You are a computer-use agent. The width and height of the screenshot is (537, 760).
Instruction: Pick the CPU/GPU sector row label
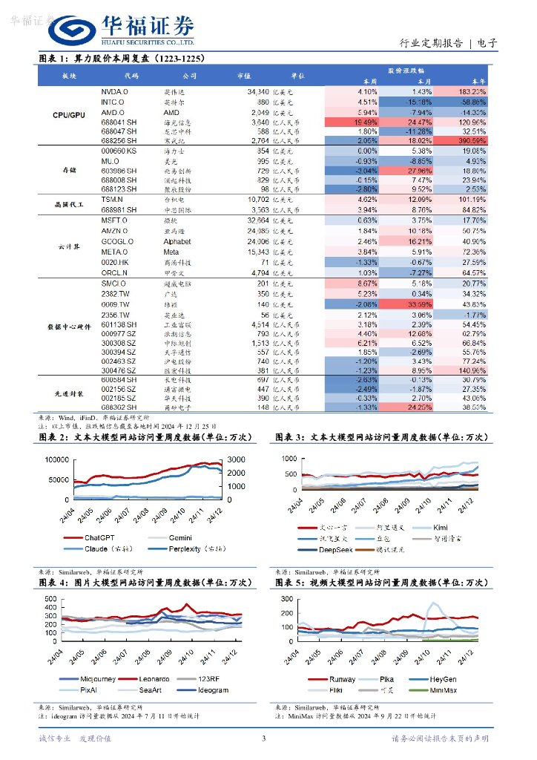click(69, 116)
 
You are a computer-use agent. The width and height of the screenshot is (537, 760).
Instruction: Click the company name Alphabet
click(177, 242)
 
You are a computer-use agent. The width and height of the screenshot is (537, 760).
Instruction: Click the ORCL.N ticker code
click(114, 272)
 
